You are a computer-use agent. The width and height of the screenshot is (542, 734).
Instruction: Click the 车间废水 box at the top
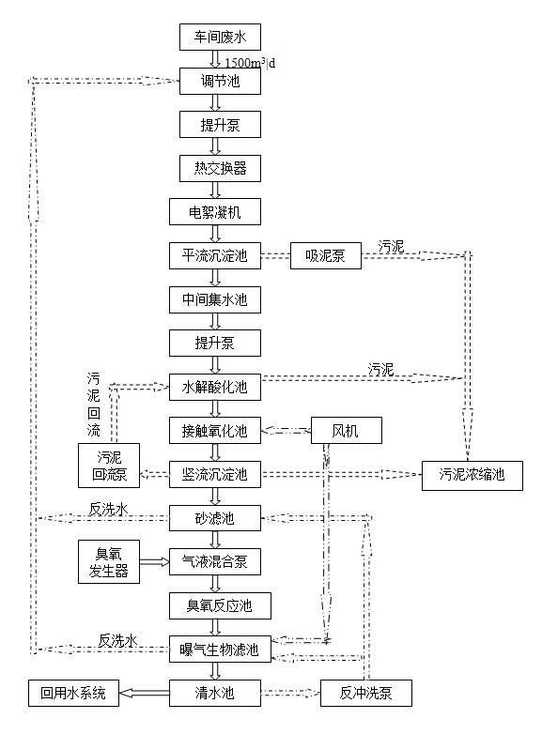pos(219,38)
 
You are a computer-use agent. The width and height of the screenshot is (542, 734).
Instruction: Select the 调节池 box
pos(219,82)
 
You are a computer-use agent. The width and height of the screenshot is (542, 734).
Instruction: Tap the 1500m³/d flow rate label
pos(251,62)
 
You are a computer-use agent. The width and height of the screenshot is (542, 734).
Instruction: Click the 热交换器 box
pos(219,168)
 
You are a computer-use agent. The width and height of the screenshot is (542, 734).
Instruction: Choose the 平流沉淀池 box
pos(215,255)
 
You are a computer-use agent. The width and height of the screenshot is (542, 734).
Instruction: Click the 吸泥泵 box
pos(325,255)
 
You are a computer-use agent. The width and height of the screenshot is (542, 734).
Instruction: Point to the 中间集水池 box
pos(215,300)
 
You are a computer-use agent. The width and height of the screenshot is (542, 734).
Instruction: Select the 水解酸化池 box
pos(215,386)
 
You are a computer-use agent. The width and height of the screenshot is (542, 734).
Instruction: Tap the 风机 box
pos(346,431)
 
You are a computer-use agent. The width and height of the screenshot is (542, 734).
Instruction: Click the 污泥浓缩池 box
pos(472,475)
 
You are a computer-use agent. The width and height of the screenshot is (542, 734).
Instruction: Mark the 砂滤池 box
pos(215,517)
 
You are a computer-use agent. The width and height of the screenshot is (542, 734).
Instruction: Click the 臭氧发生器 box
pos(109,561)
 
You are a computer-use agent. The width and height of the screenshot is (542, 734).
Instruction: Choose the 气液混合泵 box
pos(215,561)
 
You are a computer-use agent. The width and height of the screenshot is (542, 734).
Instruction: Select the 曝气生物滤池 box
pos(220,649)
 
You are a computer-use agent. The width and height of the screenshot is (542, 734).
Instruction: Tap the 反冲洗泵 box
pos(355,695)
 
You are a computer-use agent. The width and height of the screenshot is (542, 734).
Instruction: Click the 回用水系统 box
pos(74,695)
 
